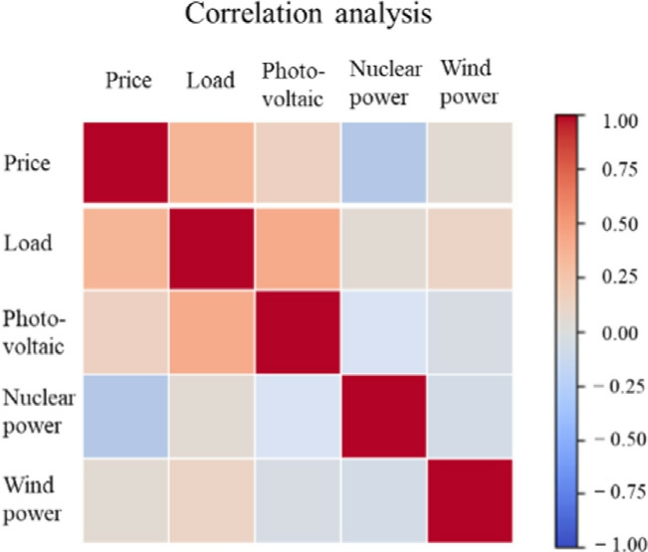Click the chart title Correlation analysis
pyautogui.click(x=299, y=17)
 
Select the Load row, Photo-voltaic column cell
pyautogui.click(x=297, y=248)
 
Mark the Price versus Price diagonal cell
pyautogui.click(x=124, y=163)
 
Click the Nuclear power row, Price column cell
pyautogui.click(x=124, y=417)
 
